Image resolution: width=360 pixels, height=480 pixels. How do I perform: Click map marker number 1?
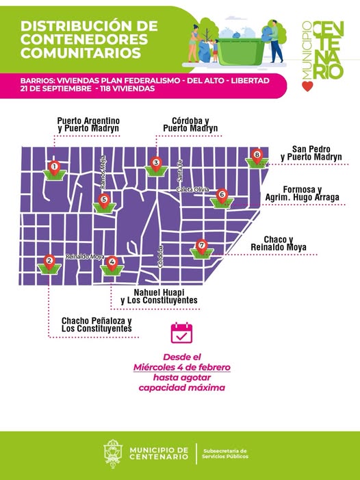click(x=54, y=166)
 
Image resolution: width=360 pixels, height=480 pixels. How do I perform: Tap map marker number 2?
click(x=49, y=261)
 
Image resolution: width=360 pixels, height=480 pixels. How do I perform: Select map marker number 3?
click(x=156, y=163)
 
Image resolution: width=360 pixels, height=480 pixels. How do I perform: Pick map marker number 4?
click(x=112, y=261)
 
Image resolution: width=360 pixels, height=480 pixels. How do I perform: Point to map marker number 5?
click(x=104, y=201)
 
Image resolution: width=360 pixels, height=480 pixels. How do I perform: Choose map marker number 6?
click(x=221, y=195)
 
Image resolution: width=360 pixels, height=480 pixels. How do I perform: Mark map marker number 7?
click(x=201, y=245)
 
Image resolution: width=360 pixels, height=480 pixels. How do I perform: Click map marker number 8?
click(x=257, y=155)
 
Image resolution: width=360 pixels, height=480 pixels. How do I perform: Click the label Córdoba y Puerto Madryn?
click(x=190, y=125)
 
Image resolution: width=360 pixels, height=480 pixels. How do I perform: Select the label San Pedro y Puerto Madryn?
click(x=316, y=153)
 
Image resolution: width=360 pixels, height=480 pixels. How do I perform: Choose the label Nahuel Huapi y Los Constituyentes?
click(x=159, y=296)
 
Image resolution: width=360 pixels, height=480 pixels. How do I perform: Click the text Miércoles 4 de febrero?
click(x=181, y=368)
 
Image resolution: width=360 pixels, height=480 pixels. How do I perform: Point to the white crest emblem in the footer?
click(x=114, y=453)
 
